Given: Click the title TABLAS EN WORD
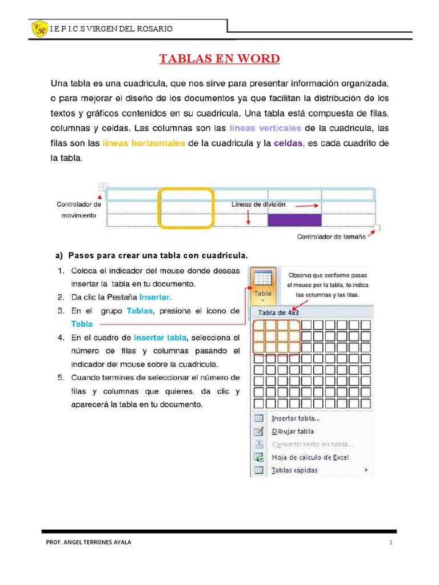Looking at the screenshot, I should click(x=219, y=59).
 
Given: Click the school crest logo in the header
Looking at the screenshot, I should click(x=39, y=29).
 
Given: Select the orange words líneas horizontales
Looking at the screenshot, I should click(x=143, y=143).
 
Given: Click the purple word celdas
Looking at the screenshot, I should click(x=288, y=143).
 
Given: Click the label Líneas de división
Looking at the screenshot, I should click(x=258, y=204).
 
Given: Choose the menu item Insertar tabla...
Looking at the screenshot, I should click(x=296, y=418).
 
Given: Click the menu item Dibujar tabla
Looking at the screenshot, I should click(x=293, y=431).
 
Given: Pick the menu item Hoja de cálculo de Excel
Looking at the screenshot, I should click(x=310, y=457).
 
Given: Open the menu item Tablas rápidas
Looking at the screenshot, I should click(x=294, y=470).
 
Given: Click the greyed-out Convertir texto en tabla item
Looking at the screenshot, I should click(x=312, y=444).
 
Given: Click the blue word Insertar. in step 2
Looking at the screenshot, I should click(x=155, y=297).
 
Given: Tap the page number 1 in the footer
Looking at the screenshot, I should click(x=390, y=542).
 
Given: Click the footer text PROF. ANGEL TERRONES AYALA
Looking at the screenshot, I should click(x=88, y=542).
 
